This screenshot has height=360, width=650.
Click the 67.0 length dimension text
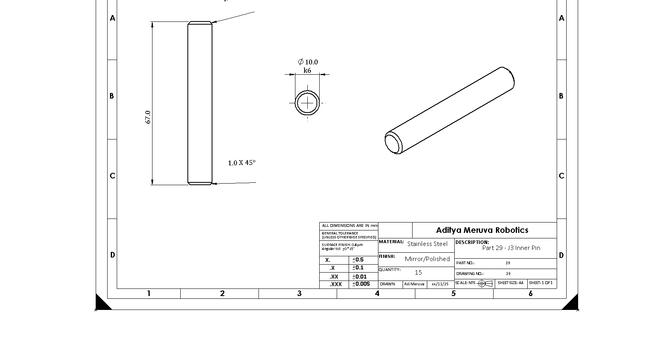148,117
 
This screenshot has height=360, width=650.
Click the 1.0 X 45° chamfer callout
241,163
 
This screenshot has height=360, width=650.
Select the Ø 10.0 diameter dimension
308,62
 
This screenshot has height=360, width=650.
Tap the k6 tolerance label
307,71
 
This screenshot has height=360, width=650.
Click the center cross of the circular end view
307,103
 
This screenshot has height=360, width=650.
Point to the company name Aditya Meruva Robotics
482,230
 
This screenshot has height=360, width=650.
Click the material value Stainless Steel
427,244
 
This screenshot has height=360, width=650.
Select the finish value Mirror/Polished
427,259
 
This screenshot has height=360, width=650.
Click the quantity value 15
418,273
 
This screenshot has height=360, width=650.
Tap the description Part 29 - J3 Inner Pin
511,248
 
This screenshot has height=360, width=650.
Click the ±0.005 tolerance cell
361,284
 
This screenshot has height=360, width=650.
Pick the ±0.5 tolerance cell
358,260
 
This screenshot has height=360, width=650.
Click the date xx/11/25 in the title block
440,284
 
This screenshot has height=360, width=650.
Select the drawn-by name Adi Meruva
414,284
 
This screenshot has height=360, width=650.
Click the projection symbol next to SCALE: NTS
485,283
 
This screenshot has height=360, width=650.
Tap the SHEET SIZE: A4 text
510,283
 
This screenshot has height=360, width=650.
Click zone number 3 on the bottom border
299,294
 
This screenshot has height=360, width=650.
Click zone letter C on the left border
112,176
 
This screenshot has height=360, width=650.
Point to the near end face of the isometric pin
393,143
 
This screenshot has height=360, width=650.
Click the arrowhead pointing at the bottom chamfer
215,184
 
